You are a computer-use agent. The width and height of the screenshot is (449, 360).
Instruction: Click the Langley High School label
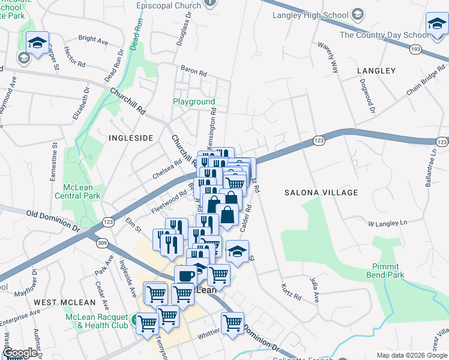coord(310,15)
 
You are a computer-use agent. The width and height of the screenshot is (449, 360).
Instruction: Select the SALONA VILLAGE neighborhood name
coord(321,193)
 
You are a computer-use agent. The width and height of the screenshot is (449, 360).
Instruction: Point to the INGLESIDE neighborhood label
coord(131,138)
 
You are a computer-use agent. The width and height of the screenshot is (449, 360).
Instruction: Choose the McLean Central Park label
coord(77,191)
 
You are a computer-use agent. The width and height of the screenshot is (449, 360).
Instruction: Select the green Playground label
coord(194,102)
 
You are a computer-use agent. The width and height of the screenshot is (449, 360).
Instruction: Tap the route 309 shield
coord(103,242)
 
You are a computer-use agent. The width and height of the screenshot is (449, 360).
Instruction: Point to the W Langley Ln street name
coord(387,223)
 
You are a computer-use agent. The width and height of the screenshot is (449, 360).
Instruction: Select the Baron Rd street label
coord(194,71)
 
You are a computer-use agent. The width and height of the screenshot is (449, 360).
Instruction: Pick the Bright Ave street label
coord(93,40)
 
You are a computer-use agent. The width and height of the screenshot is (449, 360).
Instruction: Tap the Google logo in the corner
coord(20,353)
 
